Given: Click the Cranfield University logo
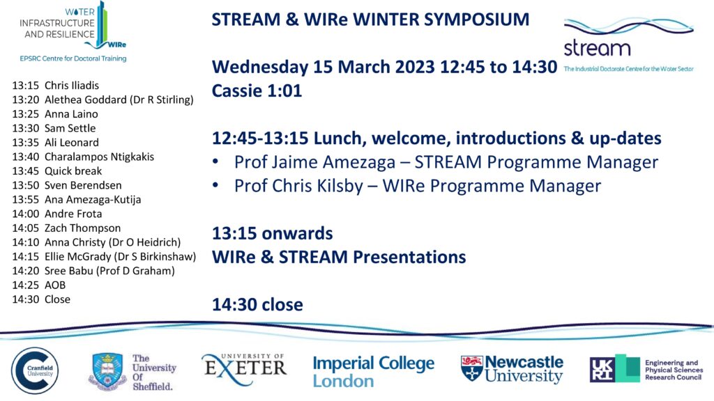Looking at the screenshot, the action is [35, 370].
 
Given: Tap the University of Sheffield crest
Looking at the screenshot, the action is [107, 372].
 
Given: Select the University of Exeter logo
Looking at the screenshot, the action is [244, 368].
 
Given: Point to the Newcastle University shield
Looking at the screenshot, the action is [471, 368].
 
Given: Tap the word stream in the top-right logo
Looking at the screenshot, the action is [597, 48].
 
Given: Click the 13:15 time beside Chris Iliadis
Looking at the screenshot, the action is [26, 86].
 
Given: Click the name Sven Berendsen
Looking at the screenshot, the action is [83, 185].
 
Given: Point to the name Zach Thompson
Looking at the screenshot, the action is [82, 228].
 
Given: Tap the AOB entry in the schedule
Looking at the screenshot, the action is [55, 285].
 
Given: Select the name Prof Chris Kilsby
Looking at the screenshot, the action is [298, 186].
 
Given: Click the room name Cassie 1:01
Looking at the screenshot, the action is [257, 91].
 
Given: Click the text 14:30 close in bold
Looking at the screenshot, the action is [257, 305].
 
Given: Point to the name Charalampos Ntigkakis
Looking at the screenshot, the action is [99, 157].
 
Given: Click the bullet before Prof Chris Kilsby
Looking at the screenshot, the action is [216, 185].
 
